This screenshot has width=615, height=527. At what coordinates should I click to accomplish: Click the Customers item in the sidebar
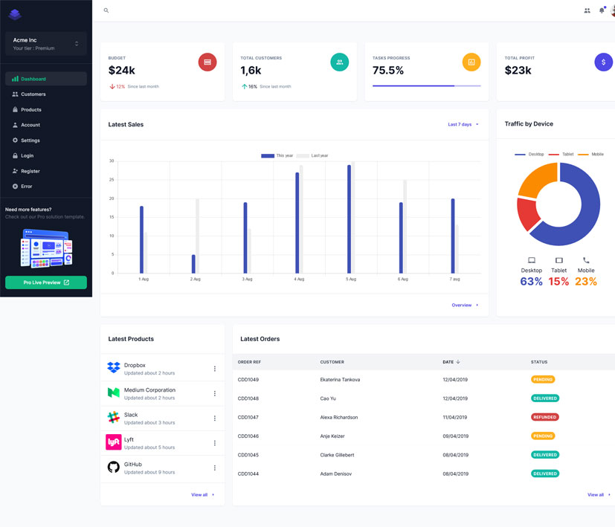pos(33,94)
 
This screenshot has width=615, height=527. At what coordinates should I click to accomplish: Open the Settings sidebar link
pos(30,140)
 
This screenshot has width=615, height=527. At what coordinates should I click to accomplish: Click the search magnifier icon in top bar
pos(106,10)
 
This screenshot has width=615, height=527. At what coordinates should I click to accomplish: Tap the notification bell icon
pos(602,10)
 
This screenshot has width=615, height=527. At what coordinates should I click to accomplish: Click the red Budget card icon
pos(207,62)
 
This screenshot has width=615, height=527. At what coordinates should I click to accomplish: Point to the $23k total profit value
pos(518,71)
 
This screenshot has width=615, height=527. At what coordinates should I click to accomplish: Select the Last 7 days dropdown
pos(463,124)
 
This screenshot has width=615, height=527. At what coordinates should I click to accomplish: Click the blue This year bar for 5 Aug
pos(349,219)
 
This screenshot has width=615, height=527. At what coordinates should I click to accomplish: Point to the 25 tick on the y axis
pos(112,180)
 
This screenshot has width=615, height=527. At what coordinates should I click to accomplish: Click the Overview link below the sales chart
pos(464,305)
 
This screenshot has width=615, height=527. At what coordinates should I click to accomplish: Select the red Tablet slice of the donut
pos(527,213)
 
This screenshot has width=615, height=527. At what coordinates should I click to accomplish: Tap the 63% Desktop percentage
pos(531,282)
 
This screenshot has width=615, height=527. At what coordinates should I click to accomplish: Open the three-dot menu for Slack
pos(215,418)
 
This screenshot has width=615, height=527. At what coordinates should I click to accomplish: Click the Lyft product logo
pos(113,442)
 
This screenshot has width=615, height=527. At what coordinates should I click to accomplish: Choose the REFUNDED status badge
pos(544,417)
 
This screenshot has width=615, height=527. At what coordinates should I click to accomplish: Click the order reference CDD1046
pos(248,436)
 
